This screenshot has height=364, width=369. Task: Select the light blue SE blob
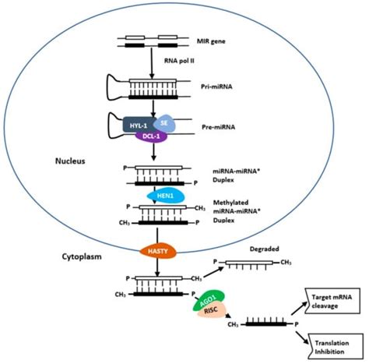(164, 123)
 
